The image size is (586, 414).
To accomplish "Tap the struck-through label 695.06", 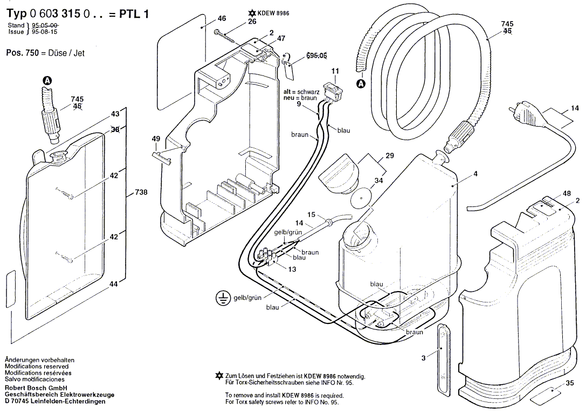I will pos(316,56).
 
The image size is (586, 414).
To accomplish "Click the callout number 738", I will pos(141,192).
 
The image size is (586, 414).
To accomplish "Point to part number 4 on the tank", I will pos(475,174).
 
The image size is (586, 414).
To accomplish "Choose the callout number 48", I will pos(566,193).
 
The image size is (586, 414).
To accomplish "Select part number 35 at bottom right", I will pos(570,384).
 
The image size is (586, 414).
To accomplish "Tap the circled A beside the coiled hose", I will pos(361,84).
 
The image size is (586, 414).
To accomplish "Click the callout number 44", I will pos(113,284).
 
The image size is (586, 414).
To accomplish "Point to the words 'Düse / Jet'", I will pos(67,53).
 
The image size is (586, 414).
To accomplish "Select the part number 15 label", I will pos(311,215).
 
